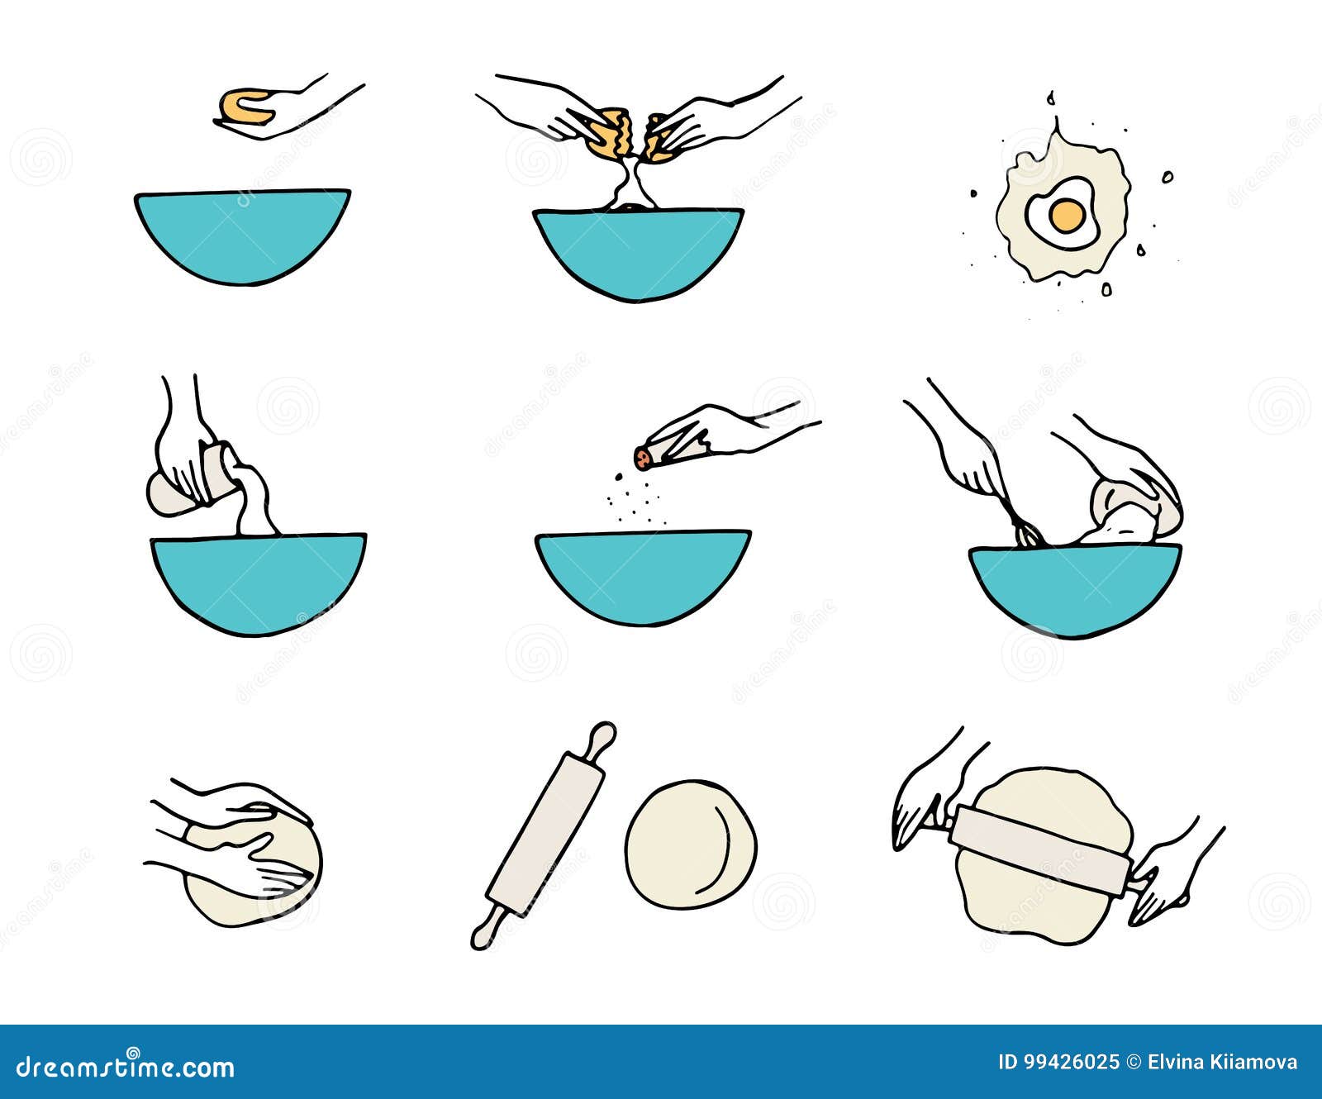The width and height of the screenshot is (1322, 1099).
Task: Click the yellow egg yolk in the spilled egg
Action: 1066,216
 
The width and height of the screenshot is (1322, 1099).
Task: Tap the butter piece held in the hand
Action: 244,107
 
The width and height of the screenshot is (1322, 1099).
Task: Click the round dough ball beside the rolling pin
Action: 690,844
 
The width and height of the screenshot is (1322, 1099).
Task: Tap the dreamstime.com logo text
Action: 126,1067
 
